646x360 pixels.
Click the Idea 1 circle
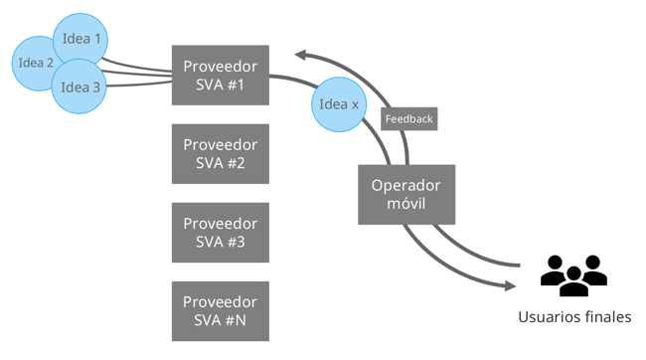pyautogui.click(x=81, y=39)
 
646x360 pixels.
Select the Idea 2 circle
pyautogui.click(x=36, y=63)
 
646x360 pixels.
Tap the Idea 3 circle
pyautogui.click(x=81, y=87)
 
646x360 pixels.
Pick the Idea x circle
pyautogui.click(x=340, y=104)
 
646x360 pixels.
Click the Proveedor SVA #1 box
pyautogui.click(x=220, y=76)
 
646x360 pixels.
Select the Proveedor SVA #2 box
pyautogui.click(x=220, y=154)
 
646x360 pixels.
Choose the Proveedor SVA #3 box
pyautogui.click(x=220, y=233)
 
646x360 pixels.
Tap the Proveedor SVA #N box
pyautogui.click(x=220, y=311)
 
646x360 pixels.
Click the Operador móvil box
pyautogui.click(x=405, y=194)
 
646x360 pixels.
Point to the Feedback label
pyautogui.click(x=408, y=118)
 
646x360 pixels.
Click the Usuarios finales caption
pyautogui.click(x=573, y=317)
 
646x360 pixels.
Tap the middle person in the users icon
pyautogui.click(x=573, y=277)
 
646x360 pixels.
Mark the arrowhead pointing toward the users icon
pyautogui.click(x=509, y=286)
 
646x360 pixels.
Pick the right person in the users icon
pyautogui.click(x=594, y=270)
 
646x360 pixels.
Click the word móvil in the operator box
pyautogui.click(x=405, y=204)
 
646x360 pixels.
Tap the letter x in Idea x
pyautogui.click(x=354, y=104)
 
